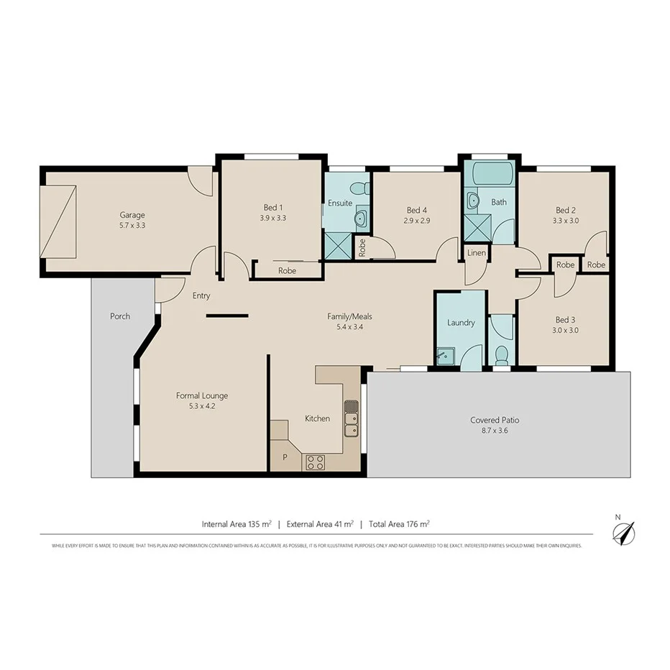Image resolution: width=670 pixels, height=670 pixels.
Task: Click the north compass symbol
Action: [x=623, y=532]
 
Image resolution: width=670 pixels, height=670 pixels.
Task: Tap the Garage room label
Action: [x=132, y=215]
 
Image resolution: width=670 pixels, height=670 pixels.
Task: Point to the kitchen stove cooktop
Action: [x=315, y=462]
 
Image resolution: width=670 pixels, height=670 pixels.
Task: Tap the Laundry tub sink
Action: [x=445, y=355]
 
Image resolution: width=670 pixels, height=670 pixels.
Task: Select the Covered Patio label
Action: [x=495, y=420]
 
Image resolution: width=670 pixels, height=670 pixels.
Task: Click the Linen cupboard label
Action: [x=477, y=254]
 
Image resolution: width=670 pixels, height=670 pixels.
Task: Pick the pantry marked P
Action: [x=285, y=456]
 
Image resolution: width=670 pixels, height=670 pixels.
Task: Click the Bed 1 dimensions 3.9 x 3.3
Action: [x=273, y=219]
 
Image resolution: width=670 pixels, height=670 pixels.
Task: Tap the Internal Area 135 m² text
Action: [x=236, y=524]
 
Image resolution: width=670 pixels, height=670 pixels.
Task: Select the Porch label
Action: [x=120, y=316]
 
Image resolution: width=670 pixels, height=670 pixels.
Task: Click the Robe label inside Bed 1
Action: [x=287, y=271]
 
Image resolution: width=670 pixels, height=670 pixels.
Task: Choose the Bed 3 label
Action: [x=565, y=320]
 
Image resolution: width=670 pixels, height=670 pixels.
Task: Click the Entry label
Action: [x=201, y=295]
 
